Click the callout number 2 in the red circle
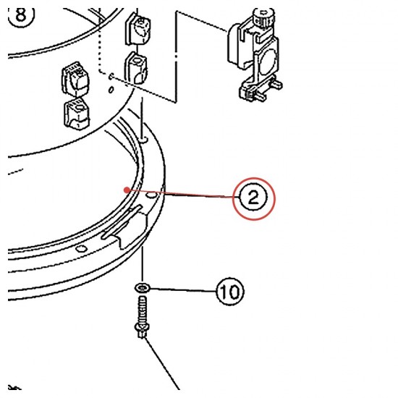point(253,198)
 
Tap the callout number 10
point(230,292)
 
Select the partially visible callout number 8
point(21,15)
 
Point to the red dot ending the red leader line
point(127,190)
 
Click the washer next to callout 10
point(143,288)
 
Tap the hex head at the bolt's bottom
point(141,330)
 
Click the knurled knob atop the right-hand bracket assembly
point(264,17)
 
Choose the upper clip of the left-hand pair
point(75,79)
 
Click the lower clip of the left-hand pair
point(77,114)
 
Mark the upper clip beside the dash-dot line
point(138,30)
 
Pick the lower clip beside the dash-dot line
point(136,68)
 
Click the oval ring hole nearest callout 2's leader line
point(151,195)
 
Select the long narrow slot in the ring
point(122,222)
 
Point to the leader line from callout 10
point(183,290)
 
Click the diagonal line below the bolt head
point(162,363)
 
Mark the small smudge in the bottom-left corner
point(14,387)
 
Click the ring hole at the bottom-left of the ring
point(82,249)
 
